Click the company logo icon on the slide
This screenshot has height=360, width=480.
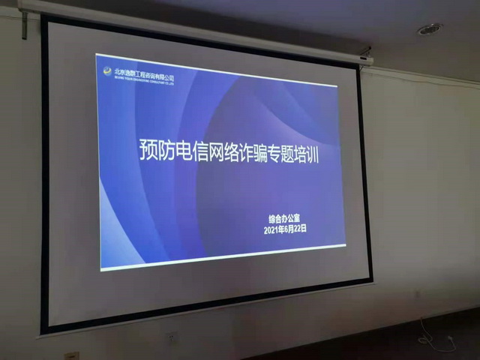(109, 71)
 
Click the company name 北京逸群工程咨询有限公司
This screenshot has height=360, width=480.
(145, 77)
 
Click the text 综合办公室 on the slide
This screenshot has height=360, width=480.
(287, 220)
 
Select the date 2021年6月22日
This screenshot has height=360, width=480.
(286, 229)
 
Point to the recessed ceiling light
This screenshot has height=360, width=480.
(429, 29)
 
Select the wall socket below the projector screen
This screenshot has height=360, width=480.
(172, 340)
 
